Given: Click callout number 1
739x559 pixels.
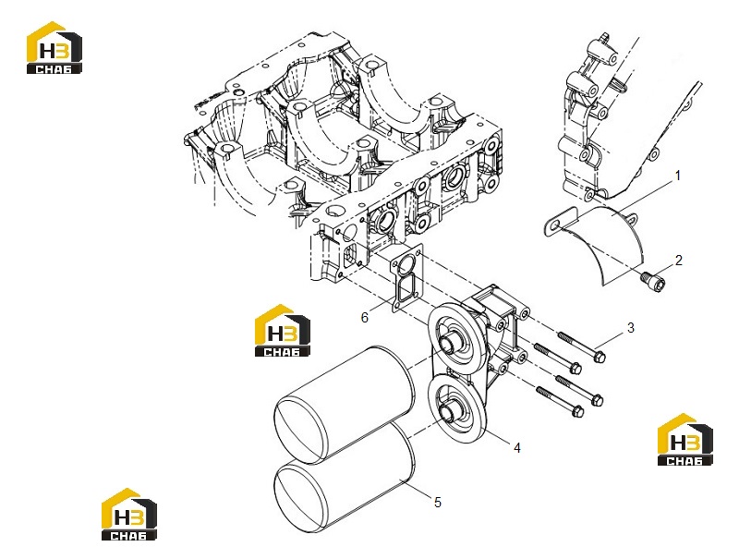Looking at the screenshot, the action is [678, 176].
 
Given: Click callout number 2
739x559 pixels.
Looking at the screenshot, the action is [679, 261].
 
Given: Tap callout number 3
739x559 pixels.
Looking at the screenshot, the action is [631, 328].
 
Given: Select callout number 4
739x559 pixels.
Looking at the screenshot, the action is [517, 448].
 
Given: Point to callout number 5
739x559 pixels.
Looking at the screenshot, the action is [437, 503].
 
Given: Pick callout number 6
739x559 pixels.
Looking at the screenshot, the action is [364, 318].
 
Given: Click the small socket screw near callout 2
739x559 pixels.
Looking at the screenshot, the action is [654, 280].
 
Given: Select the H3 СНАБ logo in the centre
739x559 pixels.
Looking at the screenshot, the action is [283, 330].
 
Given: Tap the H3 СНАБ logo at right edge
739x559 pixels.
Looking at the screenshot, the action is [684, 439].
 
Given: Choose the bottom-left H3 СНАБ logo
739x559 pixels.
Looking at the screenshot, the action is [129, 514].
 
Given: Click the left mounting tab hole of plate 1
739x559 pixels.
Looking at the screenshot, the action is [555, 228].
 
